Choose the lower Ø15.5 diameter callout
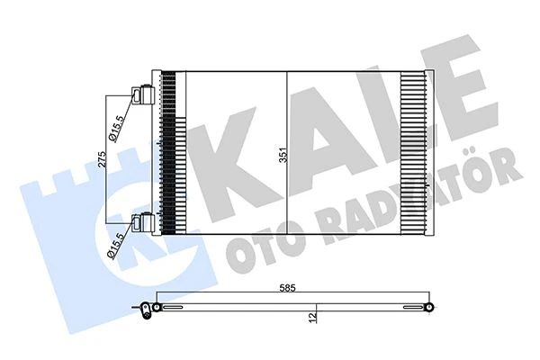pos(114,244)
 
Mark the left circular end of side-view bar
pos(157,308)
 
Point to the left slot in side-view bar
pos(181,308)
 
